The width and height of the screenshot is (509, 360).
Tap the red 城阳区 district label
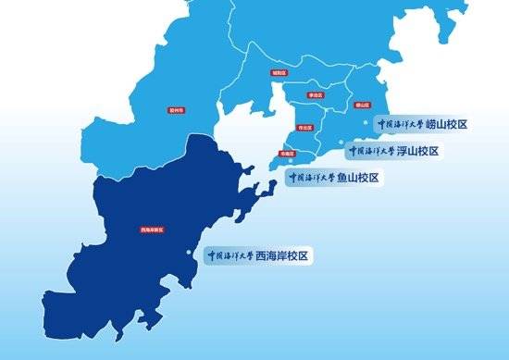click(278, 71)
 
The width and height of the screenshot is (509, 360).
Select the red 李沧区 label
click(315, 94)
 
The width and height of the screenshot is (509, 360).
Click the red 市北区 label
click(302, 128)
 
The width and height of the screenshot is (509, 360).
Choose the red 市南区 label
click(287, 155)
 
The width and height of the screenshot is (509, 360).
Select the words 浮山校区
click(416, 151)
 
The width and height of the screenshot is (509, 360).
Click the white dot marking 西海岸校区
click(192, 254)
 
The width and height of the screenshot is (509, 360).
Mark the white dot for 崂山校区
click(370, 120)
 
